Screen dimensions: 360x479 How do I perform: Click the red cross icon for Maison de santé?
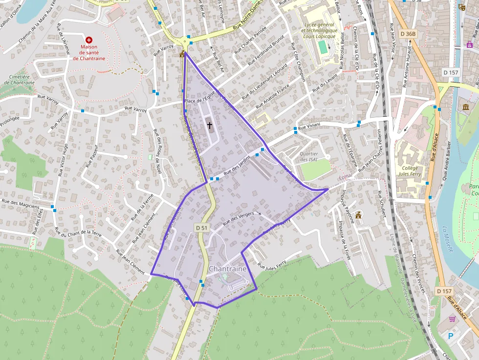click(x=89, y=40)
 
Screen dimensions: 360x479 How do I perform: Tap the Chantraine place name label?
click(x=228, y=269)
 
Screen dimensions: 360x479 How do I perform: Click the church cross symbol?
click(x=210, y=125)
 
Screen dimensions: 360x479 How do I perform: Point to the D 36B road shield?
click(x=407, y=34)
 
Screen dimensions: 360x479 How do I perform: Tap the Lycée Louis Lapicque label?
click(x=319, y=30)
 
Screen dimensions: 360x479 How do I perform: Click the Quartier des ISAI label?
click(x=308, y=156)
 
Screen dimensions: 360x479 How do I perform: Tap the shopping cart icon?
click(x=452, y=319)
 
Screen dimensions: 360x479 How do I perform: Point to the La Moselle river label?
click(x=448, y=239)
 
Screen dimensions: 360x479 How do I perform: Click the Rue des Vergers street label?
click(x=239, y=218)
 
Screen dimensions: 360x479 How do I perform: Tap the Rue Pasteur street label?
click(x=93, y=155)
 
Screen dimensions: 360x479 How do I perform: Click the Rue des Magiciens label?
click(x=21, y=203)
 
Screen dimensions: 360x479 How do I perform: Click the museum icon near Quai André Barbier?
click(x=465, y=107)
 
